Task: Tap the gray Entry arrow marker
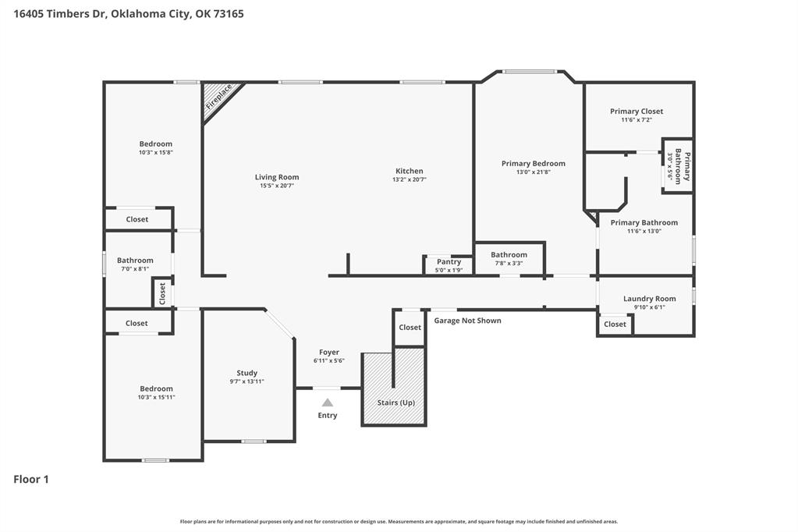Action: click(x=328, y=403)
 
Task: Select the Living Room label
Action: click(x=277, y=177)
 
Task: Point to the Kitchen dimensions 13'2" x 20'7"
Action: click(x=410, y=179)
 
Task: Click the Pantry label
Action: click(x=449, y=261)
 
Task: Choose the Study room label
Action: click(x=246, y=373)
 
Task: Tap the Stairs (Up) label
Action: click(x=396, y=403)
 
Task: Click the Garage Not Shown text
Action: click(x=468, y=321)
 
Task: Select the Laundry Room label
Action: click(x=649, y=299)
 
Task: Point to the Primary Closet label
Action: click(x=637, y=112)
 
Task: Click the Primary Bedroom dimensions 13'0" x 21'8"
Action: click(x=534, y=172)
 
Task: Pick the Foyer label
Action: click(x=329, y=353)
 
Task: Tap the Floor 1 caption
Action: click(x=31, y=479)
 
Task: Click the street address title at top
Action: click(x=128, y=14)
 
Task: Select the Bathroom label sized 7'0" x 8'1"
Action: click(x=135, y=261)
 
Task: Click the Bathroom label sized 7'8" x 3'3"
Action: click(x=509, y=255)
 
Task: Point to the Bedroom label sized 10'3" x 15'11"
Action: click(x=156, y=389)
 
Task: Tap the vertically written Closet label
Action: click(x=162, y=293)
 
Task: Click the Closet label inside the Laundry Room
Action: click(x=615, y=325)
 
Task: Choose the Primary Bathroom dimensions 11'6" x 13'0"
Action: click(x=644, y=231)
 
